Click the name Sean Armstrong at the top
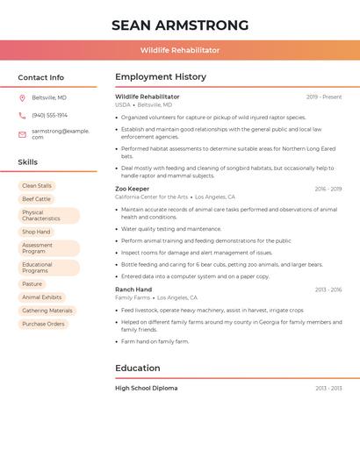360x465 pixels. (180, 25)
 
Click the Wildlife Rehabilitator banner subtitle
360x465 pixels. (180, 50)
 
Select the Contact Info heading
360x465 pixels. (41, 77)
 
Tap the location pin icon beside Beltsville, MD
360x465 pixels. (22, 97)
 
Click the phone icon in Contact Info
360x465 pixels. (22, 115)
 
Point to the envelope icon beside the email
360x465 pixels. (22, 133)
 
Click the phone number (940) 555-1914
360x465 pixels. (49, 115)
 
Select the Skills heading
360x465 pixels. (28, 162)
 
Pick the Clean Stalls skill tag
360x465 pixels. (37, 186)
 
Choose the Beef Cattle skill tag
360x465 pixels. (37, 199)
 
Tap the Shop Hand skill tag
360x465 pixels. (36, 232)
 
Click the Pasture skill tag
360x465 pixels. (32, 284)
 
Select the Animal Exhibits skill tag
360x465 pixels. (42, 297)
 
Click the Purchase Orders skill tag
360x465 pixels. (44, 324)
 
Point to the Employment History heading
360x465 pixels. (161, 77)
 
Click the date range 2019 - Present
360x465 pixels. (324, 97)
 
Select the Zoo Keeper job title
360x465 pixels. (133, 189)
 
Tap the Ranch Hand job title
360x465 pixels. (133, 290)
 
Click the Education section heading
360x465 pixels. (138, 368)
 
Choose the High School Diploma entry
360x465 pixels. (147, 388)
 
